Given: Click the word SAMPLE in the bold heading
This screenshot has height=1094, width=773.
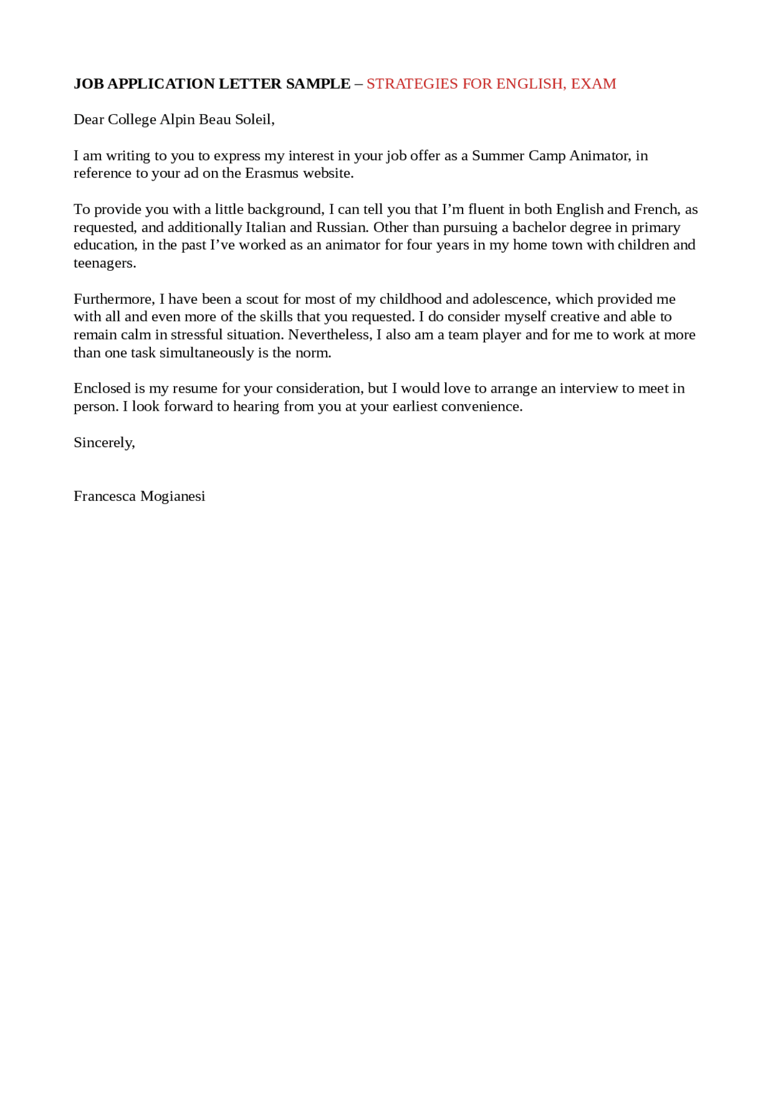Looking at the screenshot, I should point(318,84).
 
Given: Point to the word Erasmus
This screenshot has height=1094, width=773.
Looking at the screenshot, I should point(272,173).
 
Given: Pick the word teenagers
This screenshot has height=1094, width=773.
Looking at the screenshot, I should point(104,263).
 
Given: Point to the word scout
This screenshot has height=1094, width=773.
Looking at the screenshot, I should point(262,299).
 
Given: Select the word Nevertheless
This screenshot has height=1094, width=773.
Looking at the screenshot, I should point(330,335).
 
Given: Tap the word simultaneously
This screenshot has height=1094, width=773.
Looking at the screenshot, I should point(207,353).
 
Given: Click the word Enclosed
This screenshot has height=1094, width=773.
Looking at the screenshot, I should point(102,388).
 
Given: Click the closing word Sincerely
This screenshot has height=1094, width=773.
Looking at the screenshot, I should point(104,443).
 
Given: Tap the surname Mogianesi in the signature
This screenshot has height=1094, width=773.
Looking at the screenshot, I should point(173,497).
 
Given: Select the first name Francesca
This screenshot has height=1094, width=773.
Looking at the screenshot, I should point(104,497).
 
